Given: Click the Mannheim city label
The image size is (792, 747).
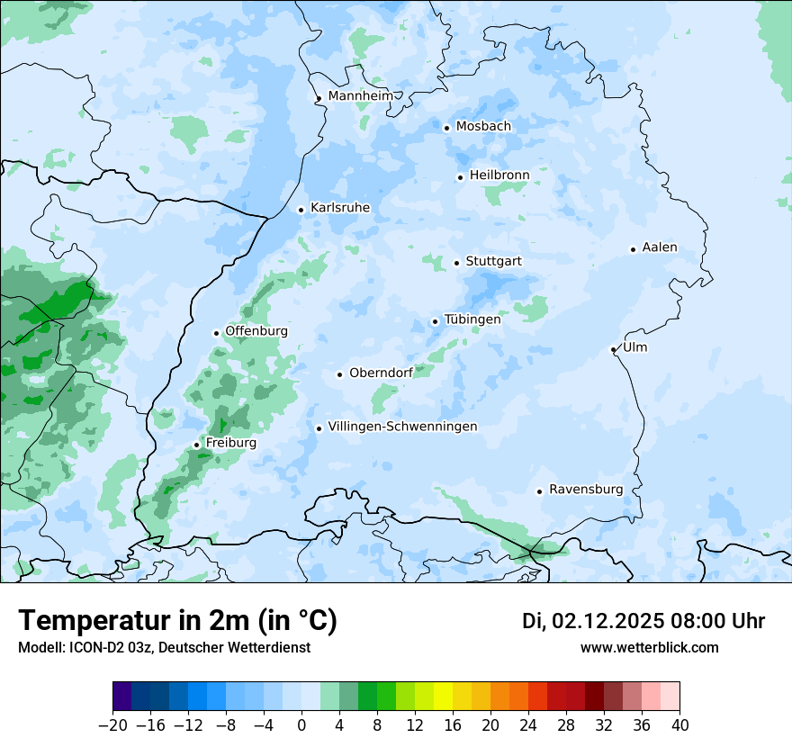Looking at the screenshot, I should coord(360,96).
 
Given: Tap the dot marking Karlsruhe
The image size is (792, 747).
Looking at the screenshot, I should coord(301,210).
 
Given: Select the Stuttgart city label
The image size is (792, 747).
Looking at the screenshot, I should coord(493,262).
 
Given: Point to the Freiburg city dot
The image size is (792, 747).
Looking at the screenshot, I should coord(196,445).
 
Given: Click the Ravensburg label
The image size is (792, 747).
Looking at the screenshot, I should coord(586,490).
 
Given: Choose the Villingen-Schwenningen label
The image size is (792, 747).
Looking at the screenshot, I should coord(402,427).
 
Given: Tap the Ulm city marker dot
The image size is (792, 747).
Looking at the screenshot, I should coord(613,349).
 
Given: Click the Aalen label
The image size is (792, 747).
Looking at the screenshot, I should coord(660,247).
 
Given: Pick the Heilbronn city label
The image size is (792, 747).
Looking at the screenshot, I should coord(499,175).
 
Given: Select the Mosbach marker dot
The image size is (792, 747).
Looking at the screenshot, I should coord(446,128).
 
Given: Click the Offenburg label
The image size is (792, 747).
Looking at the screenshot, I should coord(256,331).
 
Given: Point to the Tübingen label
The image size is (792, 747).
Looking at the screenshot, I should coord(472,319).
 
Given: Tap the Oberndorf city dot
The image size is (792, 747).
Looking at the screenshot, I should coord(339,374).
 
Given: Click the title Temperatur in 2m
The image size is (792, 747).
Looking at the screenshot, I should coord(177,621).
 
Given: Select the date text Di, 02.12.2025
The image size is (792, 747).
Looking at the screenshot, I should coord(593,621).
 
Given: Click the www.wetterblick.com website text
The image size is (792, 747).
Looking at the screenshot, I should coord(649,648).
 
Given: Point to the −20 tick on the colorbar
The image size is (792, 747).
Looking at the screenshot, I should coord(113,725).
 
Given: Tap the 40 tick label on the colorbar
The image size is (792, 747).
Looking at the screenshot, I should coord(679,725).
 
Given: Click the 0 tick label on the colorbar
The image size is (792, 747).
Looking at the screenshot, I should coord(301,725).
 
